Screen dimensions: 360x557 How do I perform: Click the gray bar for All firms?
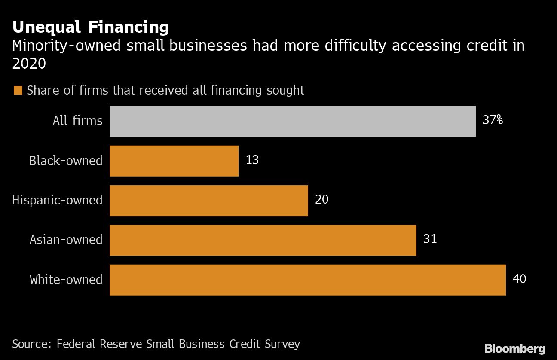(292, 121)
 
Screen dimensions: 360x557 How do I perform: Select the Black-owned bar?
(174, 161)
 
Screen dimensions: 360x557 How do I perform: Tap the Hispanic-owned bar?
(209, 201)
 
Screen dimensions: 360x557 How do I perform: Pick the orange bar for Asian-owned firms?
(263, 240)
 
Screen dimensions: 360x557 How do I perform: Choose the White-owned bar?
(308, 280)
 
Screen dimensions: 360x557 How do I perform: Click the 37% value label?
(493, 120)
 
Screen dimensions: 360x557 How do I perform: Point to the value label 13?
(252, 160)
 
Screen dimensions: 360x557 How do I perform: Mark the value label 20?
(321, 199)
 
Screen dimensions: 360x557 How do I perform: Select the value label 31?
(430, 239)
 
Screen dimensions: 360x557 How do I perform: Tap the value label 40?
(519, 279)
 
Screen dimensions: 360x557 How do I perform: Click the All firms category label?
(78, 121)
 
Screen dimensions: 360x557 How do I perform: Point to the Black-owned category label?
(66, 161)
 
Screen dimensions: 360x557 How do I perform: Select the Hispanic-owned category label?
(57, 200)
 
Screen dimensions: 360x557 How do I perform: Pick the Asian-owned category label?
(66, 240)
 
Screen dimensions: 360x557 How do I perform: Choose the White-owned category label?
(66, 280)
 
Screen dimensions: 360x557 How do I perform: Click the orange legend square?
(18, 91)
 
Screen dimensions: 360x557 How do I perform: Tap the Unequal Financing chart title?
(91, 27)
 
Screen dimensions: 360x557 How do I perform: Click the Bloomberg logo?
(514, 348)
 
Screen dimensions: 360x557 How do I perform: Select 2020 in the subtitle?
(29, 64)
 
